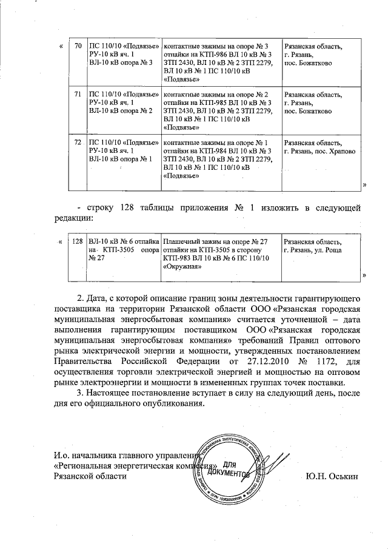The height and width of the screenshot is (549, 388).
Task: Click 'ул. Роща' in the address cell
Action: (x=327, y=250)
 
